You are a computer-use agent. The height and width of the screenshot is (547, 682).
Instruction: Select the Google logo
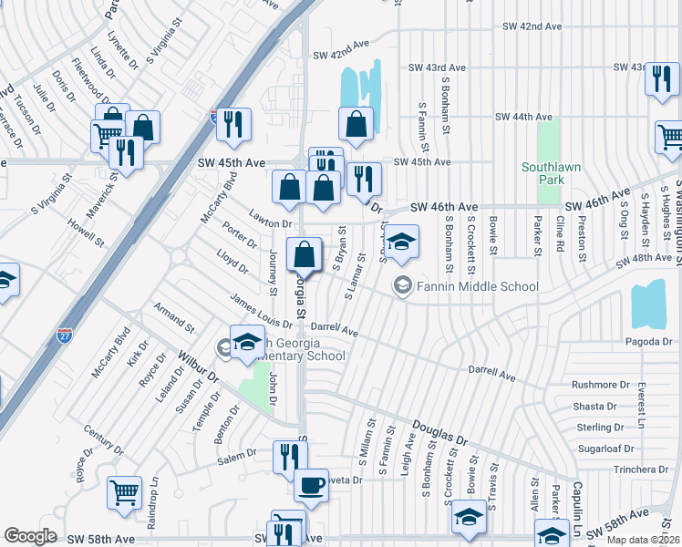(31, 536)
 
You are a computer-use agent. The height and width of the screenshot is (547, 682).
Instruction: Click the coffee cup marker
(312, 486)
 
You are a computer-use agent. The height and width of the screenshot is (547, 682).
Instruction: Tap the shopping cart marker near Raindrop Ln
(124, 493)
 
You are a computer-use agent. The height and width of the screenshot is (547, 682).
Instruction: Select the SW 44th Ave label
(523, 117)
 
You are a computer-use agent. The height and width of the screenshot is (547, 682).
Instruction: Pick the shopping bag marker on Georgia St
(305, 254)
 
